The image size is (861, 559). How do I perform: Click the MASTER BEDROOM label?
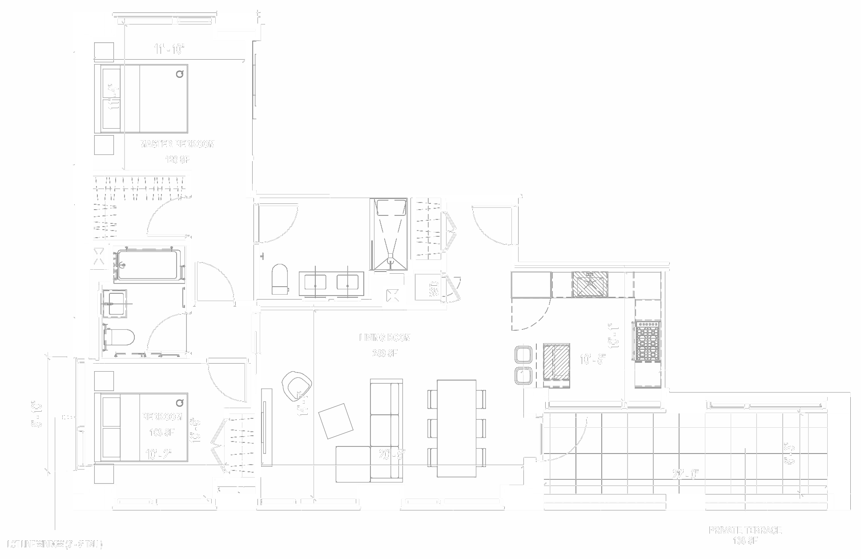tap(177, 144)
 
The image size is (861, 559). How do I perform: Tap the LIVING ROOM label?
tap(385, 338)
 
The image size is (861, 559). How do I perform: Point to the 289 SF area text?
tap(385, 354)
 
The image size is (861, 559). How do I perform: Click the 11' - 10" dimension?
tap(169, 49)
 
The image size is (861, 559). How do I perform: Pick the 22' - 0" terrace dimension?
tap(685, 474)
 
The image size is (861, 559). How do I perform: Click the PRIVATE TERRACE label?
tap(745, 530)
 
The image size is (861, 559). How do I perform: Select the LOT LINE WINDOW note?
tap(55, 545)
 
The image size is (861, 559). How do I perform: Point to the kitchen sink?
tap(590, 284)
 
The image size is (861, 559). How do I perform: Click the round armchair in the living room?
tap(296, 383)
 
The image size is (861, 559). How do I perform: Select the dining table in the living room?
tap(456, 428)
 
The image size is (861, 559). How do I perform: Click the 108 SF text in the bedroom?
tap(162, 432)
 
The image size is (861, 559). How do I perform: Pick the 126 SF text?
tap(177, 160)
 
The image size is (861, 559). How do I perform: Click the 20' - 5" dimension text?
tap(391, 455)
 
